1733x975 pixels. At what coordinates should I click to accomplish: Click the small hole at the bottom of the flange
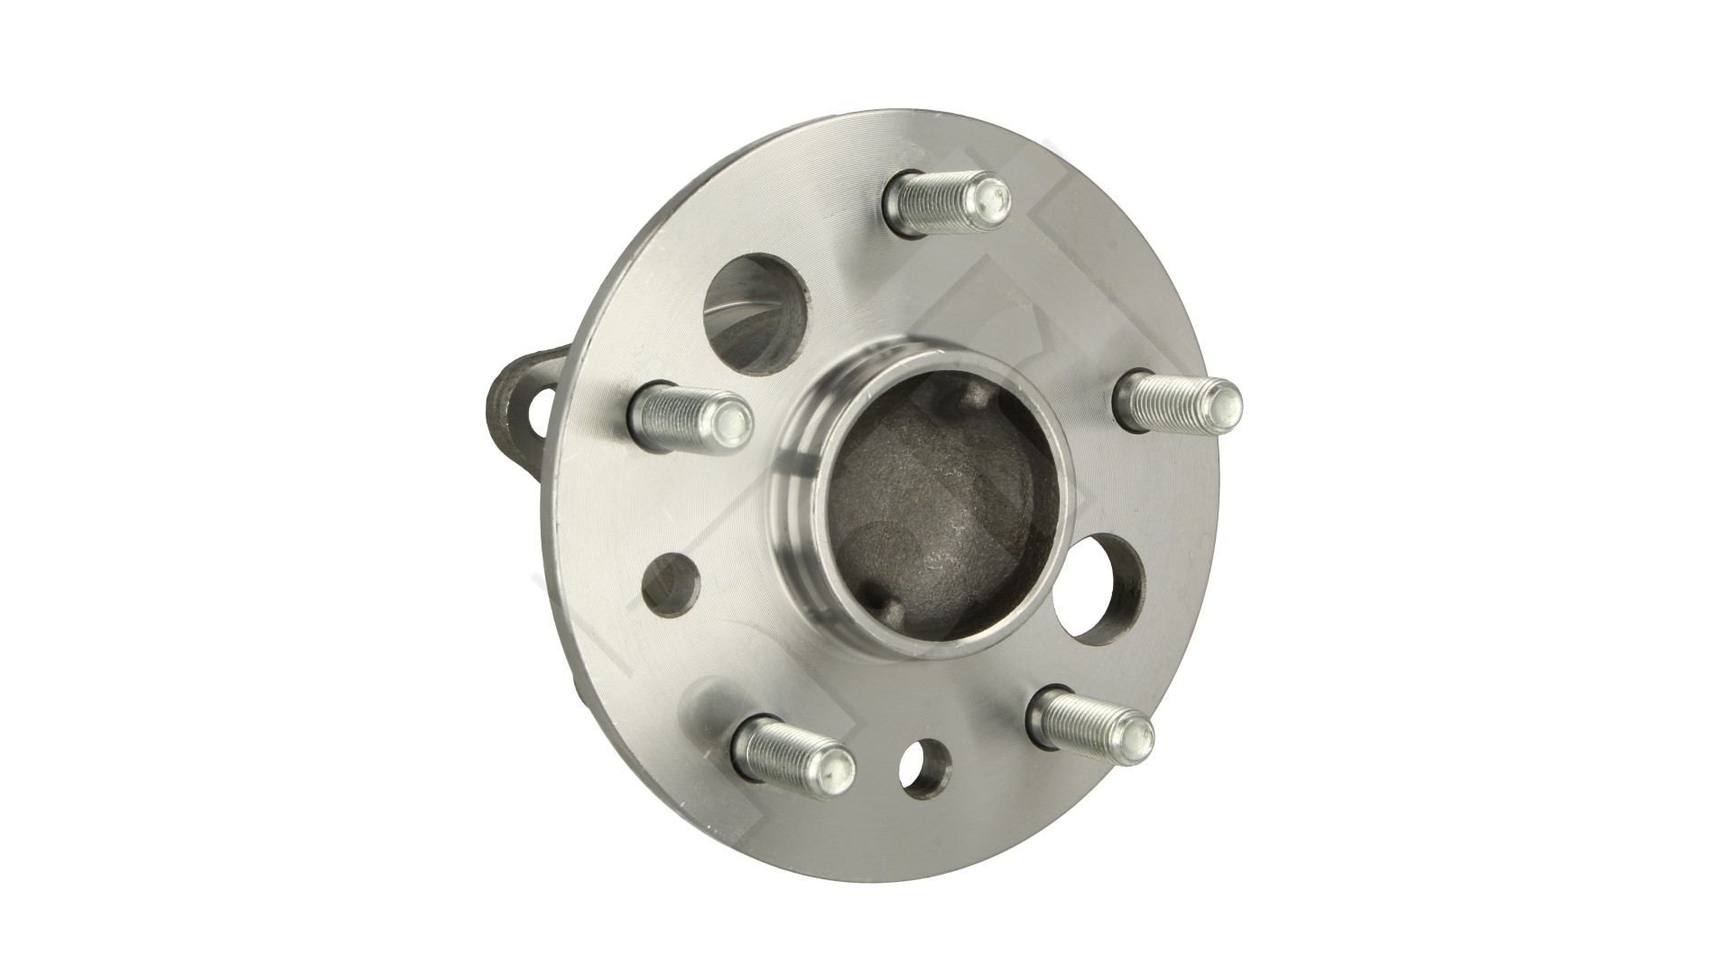926,769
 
